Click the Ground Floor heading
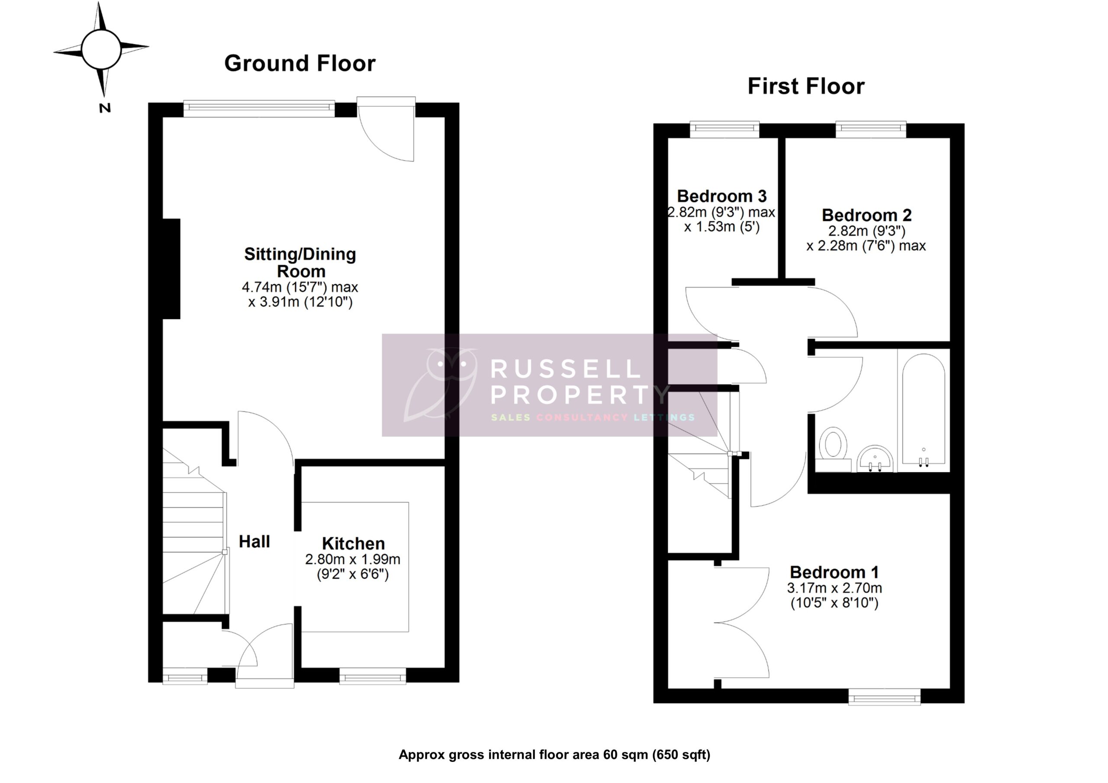click(300, 64)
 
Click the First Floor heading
click(806, 87)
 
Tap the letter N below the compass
click(105, 109)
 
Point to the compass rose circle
click(101, 49)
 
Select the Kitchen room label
click(353, 544)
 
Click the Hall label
click(254, 541)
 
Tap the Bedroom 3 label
click(721, 196)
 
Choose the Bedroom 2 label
click(866, 215)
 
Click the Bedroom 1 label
click(834, 572)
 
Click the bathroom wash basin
click(875, 458)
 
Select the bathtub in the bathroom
click(923, 410)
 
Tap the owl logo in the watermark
click(441, 384)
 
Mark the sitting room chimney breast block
click(171, 269)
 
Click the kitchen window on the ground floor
click(373, 678)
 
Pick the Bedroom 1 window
click(884, 696)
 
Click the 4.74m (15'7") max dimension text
click(300, 288)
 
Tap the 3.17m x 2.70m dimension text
click(834, 588)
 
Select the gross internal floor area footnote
click(554, 754)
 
